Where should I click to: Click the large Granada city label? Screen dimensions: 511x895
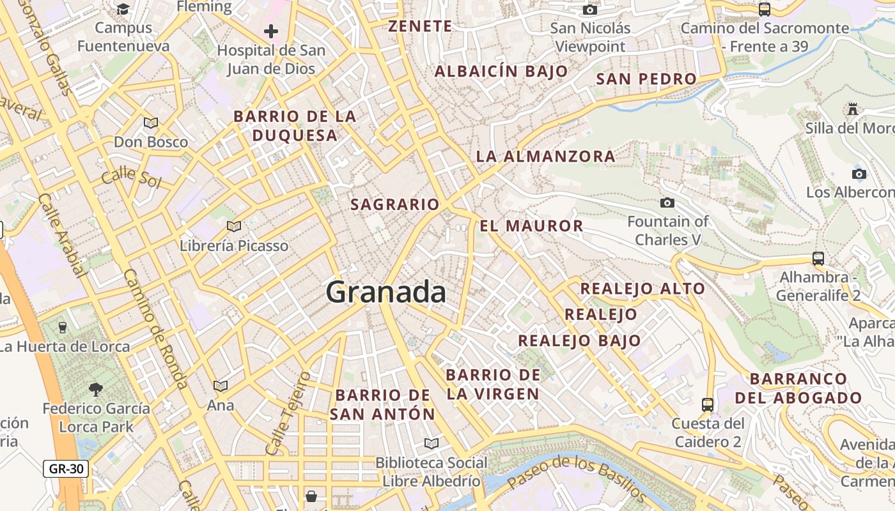click(x=385, y=293)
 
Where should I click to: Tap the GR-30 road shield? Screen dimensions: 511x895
click(x=66, y=469)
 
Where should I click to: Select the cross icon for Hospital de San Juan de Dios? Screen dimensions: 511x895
click(x=271, y=31)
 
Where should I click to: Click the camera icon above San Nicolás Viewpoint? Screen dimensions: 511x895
click(x=590, y=10)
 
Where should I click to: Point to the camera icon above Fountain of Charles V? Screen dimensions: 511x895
click(x=667, y=202)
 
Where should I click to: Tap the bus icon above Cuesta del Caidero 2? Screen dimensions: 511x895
click(x=708, y=404)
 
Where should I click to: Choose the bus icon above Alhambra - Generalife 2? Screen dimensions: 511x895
click(x=818, y=259)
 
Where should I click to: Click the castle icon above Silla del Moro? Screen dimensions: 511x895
click(x=852, y=109)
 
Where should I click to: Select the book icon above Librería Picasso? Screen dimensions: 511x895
click(x=234, y=226)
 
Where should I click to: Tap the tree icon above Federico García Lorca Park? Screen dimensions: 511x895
click(x=96, y=389)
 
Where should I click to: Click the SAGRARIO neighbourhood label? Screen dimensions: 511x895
click(x=395, y=204)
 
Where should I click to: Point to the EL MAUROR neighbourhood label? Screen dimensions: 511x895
click(x=531, y=225)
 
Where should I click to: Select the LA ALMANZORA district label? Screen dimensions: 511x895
click(x=545, y=156)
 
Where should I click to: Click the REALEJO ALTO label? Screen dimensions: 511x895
click(x=642, y=289)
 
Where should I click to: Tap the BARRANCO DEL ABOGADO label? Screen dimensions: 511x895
click(x=798, y=388)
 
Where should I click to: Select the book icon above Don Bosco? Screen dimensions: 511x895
click(x=151, y=123)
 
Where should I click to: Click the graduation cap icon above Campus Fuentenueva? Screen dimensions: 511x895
click(x=123, y=9)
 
